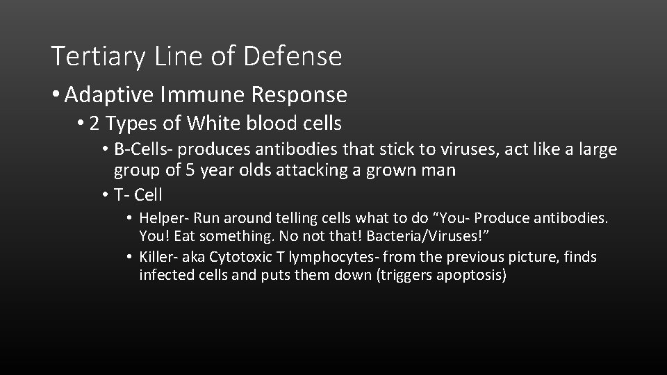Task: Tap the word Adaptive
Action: click(108, 94)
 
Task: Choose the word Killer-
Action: click(159, 258)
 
